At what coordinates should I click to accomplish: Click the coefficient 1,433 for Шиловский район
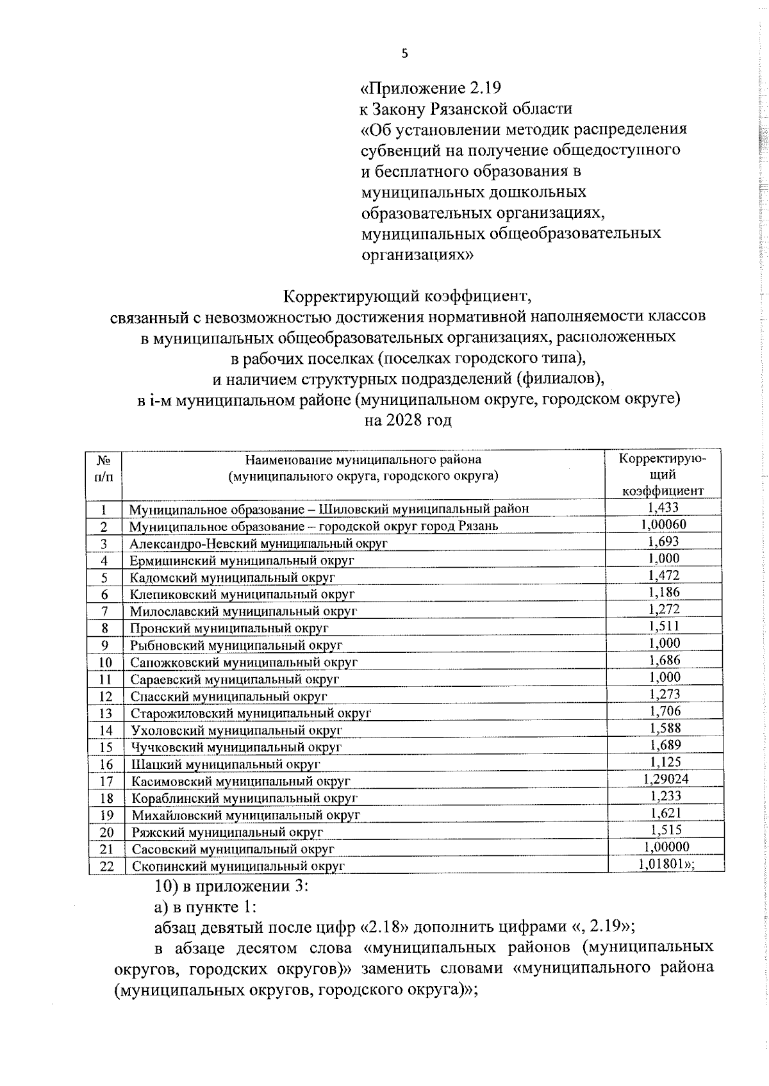click(x=663, y=507)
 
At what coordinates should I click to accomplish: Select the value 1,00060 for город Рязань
click(x=663, y=524)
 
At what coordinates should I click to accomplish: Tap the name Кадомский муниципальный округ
click(x=232, y=577)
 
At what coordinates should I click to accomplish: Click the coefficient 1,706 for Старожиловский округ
click(x=665, y=711)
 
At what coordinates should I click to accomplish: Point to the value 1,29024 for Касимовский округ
click(x=665, y=779)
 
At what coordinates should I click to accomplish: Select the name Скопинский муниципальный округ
click(x=238, y=866)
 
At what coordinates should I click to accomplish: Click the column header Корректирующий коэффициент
click(x=663, y=475)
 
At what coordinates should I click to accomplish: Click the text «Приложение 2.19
click(x=430, y=87)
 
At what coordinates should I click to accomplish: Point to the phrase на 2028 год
click(x=408, y=420)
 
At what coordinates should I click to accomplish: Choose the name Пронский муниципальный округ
click(x=229, y=628)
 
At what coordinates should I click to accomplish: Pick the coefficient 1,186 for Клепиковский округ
click(x=665, y=592)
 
